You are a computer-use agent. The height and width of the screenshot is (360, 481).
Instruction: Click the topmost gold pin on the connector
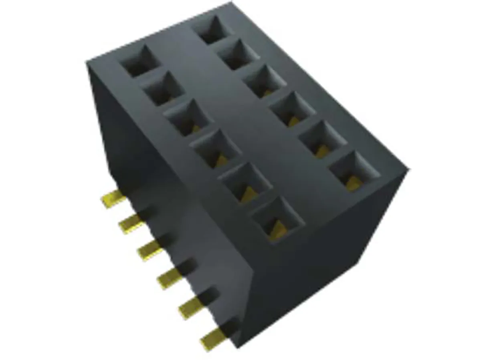tap(112, 199)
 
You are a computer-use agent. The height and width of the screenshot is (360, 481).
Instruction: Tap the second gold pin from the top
tap(131, 223)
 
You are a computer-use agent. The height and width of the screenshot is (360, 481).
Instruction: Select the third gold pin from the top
tap(150, 251)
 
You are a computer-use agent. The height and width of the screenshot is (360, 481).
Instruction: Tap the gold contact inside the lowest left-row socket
tap(278, 231)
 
